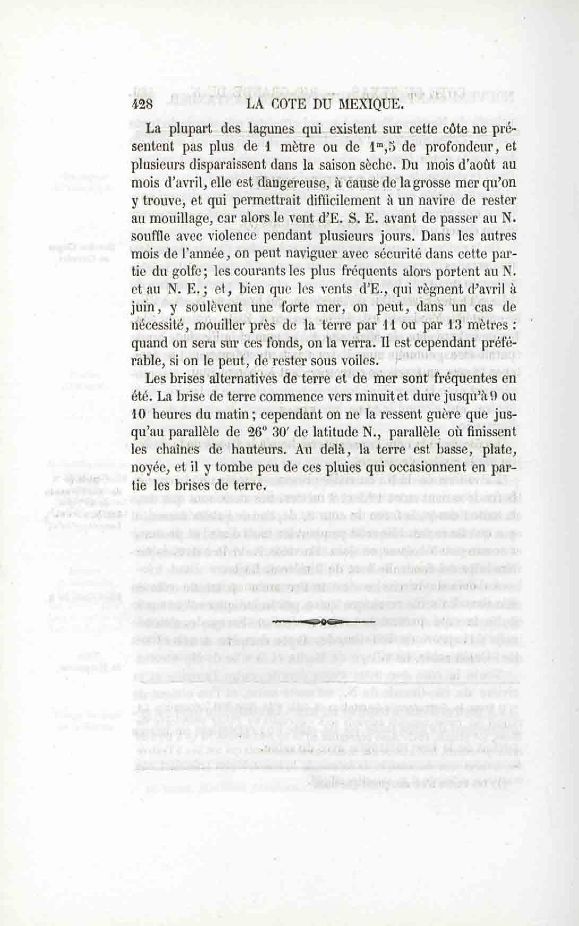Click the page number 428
(x=142, y=105)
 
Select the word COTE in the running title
(x=290, y=105)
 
